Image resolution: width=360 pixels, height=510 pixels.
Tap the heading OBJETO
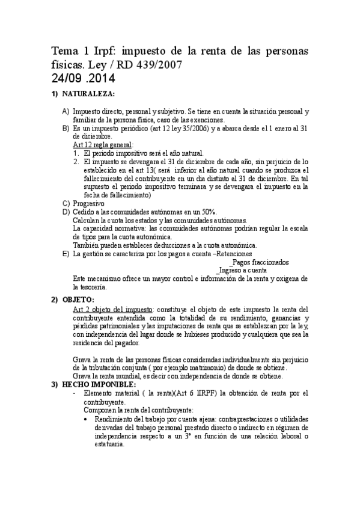click(78, 300)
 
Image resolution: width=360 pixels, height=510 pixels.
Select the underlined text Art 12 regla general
click(103, 145)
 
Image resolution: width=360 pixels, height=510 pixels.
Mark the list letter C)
click(66, 203)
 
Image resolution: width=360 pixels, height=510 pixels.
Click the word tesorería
click(89, 287)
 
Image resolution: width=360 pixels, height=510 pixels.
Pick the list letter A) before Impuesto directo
click(66, 112)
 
